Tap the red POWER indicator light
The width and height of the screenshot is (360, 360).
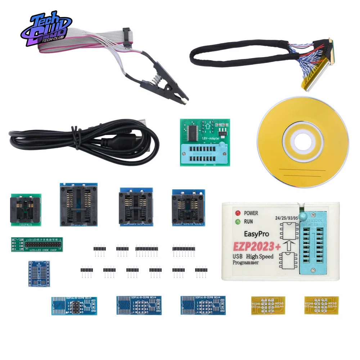point(238,213)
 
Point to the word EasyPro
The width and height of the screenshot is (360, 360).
point(256,234)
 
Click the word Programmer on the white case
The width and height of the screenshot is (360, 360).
point(246,262)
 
